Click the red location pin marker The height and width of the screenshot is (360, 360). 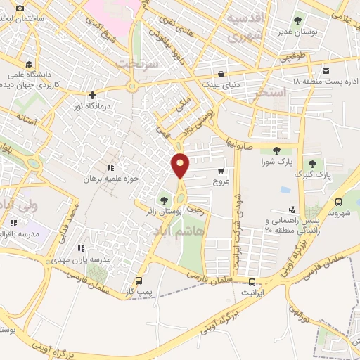(181, 166)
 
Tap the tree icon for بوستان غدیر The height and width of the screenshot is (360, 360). (297, 20)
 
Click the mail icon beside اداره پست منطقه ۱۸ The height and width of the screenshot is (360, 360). (326, 70)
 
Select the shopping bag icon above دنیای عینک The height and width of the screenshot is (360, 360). (221, 74)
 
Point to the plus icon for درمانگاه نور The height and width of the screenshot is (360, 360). (92, 95)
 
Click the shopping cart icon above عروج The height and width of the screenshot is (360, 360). (221, 170)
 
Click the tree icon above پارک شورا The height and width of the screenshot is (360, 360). (275, 150)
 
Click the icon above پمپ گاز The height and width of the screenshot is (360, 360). (139, 281)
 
